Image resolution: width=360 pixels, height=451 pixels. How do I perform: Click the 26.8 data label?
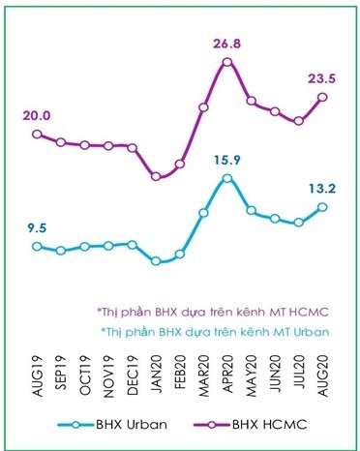(226, 43)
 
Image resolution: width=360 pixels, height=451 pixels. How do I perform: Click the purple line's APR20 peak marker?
(227, 62)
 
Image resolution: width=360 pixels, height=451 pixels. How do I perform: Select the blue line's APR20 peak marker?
(227, 178)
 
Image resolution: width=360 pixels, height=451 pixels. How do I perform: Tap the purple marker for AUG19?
(38, 134)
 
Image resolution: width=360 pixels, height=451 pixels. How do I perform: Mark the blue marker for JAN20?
(156, 261)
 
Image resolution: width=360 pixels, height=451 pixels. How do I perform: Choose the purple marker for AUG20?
(322, 97)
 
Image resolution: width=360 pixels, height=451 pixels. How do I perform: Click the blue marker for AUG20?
(322, 207)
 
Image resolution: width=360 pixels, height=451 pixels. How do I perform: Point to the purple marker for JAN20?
(156, 176)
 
